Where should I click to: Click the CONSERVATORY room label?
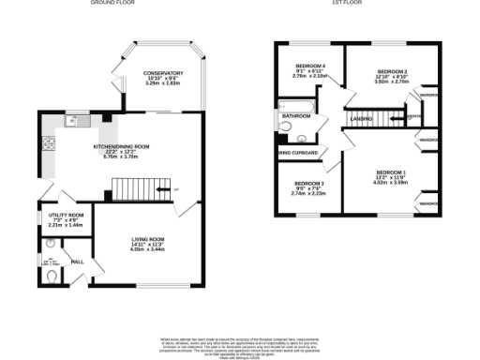click(x=162, y=73)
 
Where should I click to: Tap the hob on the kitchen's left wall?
click(x=48, y=145)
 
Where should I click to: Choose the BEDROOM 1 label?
click(x=391, y=172)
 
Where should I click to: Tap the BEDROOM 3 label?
click(x=308, y=183)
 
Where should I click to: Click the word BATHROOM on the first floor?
click(x=296, y=115)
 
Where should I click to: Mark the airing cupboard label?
click(x=299, y=153)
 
